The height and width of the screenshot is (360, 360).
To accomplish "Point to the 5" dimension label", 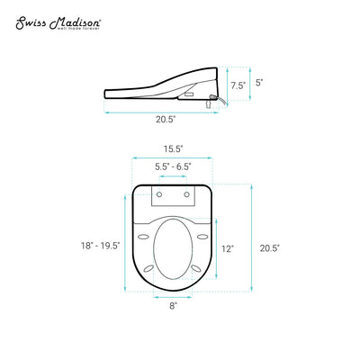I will click(260, 82).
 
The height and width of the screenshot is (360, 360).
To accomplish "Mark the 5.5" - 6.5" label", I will click(172, 167).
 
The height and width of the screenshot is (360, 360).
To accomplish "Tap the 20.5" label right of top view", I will click(269, 249).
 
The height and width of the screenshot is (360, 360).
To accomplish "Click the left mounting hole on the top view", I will click(158, 193).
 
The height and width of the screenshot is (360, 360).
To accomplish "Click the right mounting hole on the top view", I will click(186, 193).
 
